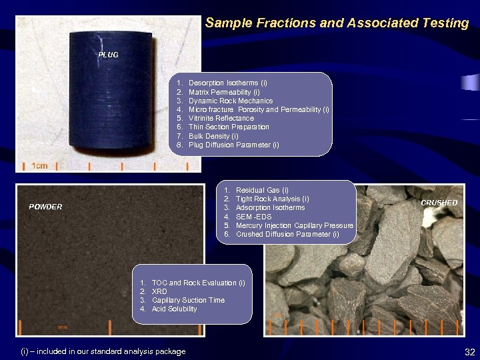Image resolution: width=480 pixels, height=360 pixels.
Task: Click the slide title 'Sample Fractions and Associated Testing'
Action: pyautogui.click(x=337, y=23)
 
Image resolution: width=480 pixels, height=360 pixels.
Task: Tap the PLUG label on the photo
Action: pyautogui.click(x=108, y=55)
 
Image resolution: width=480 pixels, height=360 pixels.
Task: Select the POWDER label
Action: pyautogui.click(x=45, y=207)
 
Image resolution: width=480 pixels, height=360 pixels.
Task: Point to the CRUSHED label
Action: pyautogui.click(x=439, y=203)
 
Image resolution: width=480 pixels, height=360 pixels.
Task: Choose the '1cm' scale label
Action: pyautogui.click(x=40, y=166)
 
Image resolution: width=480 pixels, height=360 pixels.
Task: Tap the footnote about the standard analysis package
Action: pyautogui.click(x=103, y=351)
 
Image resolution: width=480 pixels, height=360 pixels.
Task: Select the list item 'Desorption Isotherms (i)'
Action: pyautogui.click(x=227, y=83)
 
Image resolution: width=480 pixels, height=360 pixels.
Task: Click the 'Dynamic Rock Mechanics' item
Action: pyautogui.click(x=230, y=101)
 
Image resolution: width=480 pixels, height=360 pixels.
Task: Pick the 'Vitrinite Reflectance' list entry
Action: pyautogui.click(x=221, y=118)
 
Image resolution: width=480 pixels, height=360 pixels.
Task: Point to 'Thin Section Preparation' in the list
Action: pyautogui.click(x=229, y=127)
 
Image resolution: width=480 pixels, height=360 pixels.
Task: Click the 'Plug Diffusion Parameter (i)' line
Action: pyautogui.click(x=233, y=145)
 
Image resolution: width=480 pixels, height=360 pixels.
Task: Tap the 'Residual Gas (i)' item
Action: pyautogui.click(x=262, y=190)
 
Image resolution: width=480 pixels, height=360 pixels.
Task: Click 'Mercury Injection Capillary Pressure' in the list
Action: pyautogui.click(x=294, y=225)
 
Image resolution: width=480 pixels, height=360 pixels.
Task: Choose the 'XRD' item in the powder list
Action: pyautogui.click(x=159, y=291)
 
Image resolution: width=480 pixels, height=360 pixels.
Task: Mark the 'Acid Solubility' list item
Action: pyautogui.click(x=174, y=309)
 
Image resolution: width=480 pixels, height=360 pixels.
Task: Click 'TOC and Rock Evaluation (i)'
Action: pyautogui.click(x=198, y=283)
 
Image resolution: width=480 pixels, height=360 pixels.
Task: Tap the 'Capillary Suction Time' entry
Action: pyautogui.click(x=188, y=300)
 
